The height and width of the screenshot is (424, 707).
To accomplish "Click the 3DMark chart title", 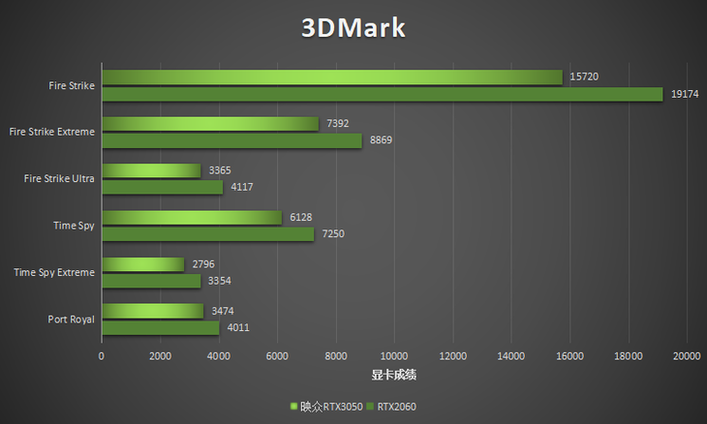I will [x=353, y=27].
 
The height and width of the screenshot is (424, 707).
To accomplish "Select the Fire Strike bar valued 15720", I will [x=331, y=77].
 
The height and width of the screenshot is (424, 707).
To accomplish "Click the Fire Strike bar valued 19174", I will [x=382, y=94].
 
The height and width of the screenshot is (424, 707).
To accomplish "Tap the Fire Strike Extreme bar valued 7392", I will [x=209, y=124].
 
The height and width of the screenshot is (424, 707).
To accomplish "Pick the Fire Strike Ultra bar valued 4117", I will [x=162, y=187].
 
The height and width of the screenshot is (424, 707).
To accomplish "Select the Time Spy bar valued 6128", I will [x=191, y=218].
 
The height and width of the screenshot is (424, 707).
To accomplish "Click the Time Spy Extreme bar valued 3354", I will [x=150, y=281].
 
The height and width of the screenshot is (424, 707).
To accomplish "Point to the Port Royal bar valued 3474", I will [x=152, y=311].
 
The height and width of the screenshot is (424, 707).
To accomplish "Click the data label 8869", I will [x=382, y=140].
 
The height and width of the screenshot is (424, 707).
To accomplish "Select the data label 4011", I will [x=239, y=327].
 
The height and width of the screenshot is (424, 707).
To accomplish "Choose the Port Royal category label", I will [x=71, y=318].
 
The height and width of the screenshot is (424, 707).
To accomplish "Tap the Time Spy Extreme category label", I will [x=54, y=272].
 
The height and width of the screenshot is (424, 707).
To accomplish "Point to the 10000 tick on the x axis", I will [x=394, y=356].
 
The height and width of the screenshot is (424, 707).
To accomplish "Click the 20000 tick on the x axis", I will [x=687, y=356].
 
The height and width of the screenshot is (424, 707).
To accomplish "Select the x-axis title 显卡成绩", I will [x=394, y=375].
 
